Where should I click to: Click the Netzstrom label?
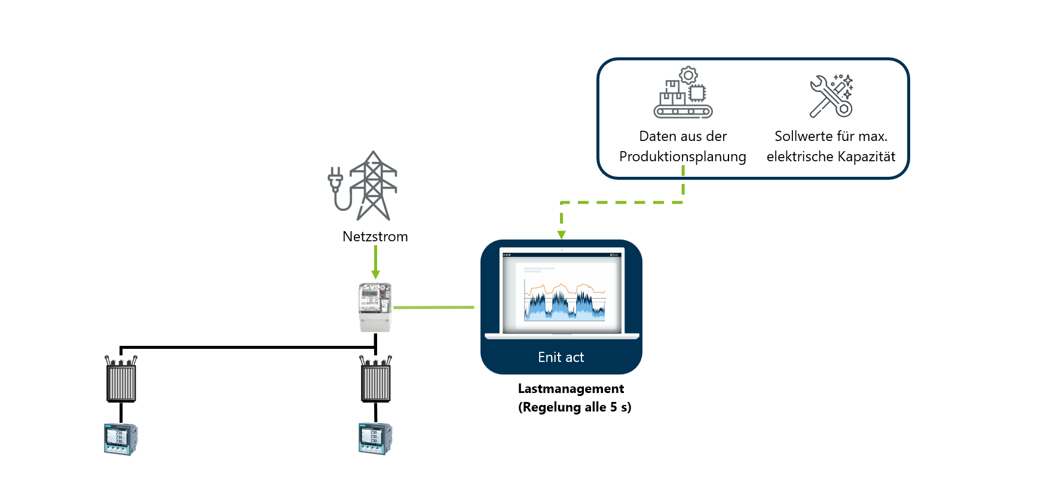(375, 237)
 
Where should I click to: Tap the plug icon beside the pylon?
(335, 179)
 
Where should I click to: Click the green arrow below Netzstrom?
(375, 263)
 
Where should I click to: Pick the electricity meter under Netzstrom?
(375, 307)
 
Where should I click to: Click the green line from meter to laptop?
(434, 308)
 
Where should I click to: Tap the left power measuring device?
(121, 439)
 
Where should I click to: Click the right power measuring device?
(375, 439)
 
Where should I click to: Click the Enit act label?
(561, 357)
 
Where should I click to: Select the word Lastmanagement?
(571, 389)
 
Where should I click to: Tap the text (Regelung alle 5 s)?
(574, 407)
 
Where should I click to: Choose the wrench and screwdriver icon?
(831, 96)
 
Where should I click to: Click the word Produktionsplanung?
(682, 156)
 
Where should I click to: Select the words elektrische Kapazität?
(831, 156)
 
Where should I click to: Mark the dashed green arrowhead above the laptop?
(561, 235)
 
